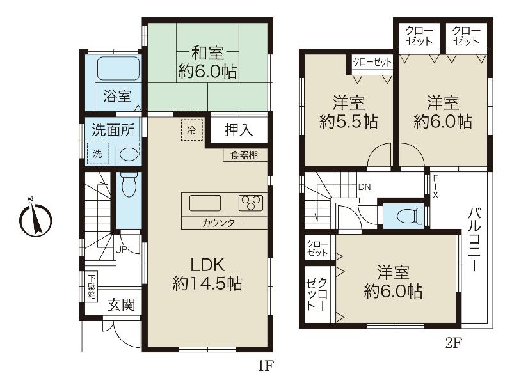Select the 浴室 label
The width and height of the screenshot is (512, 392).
point(117,97)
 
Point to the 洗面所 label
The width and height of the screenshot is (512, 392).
point(113,130)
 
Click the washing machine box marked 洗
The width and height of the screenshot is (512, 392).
point(98,153)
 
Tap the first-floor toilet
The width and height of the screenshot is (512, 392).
point(129,186)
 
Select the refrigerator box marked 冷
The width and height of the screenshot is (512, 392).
point(191,129)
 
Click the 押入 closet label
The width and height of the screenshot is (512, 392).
point(239,130)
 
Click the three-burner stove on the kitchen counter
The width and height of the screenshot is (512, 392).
point(251,203)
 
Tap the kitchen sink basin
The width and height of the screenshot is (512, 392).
point(205,203)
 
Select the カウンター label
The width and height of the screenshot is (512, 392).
point(222,223)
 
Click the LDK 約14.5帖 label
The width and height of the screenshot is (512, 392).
point(207,274)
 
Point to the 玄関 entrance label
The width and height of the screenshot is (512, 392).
point(121,306)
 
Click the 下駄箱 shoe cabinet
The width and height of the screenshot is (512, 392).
point(92,286)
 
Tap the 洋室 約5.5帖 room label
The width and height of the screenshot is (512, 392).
point(348,111)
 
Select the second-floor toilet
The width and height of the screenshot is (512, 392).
point(405,216)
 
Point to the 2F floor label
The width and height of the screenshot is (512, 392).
point(453,342)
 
